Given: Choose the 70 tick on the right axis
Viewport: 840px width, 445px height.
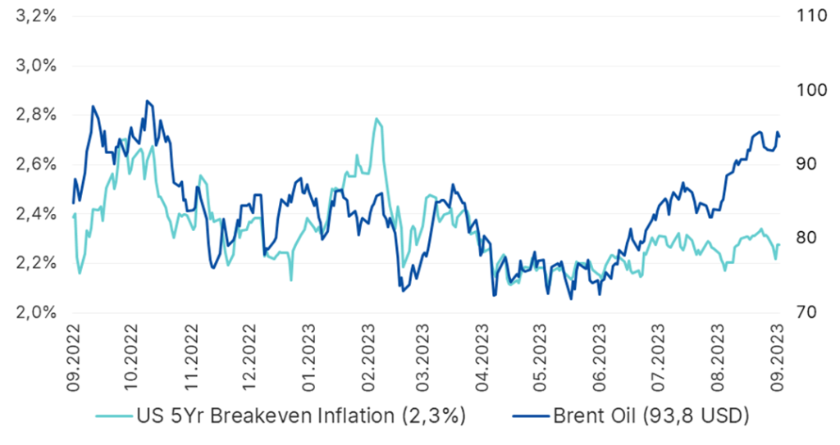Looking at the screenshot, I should [x=806, y=312].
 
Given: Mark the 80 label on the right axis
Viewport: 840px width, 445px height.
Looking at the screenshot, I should [x=806, y=238].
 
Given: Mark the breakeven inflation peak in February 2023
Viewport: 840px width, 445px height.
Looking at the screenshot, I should [x=377, y=119].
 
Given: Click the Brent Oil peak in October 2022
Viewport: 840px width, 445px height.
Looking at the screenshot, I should [x=147, y=101].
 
